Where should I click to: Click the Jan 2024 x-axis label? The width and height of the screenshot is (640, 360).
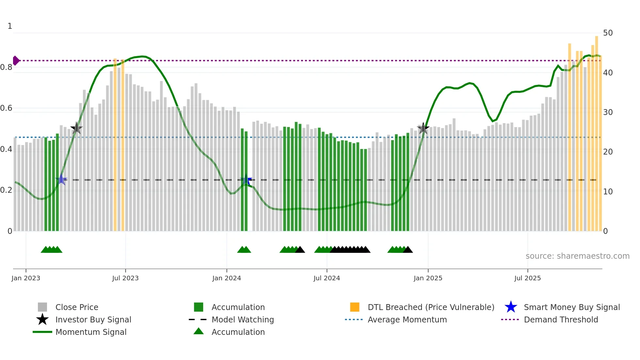[227, 278]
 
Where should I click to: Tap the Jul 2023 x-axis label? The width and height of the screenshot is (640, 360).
[125, 278]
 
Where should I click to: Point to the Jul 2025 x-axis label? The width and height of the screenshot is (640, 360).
[527, 278]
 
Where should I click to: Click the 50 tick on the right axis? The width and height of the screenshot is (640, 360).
[608, 33]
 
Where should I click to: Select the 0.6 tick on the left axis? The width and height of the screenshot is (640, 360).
[6, 108]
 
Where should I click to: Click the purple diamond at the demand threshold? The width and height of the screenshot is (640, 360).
[16, 61]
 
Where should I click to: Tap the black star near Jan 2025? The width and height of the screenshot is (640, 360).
[423, 128]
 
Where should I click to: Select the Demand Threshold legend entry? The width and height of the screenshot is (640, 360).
[561, 319]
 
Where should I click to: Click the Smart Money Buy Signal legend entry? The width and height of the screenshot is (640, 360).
[571, 307]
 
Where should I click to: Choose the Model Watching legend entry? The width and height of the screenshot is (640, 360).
[242, 319]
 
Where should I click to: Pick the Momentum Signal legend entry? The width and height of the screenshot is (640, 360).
[91, 332]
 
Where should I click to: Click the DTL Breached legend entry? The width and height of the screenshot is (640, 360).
[431, 307]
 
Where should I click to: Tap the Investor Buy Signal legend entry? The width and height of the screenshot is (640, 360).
[93, 319]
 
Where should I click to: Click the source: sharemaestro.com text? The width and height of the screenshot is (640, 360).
[577, 256]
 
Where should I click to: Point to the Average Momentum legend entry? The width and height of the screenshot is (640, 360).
[407, 319]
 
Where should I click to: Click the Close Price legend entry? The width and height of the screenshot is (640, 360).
[77, 307]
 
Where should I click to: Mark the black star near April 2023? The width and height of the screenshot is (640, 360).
[76, 128]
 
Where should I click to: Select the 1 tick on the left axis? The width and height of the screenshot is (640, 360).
[10, 26]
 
